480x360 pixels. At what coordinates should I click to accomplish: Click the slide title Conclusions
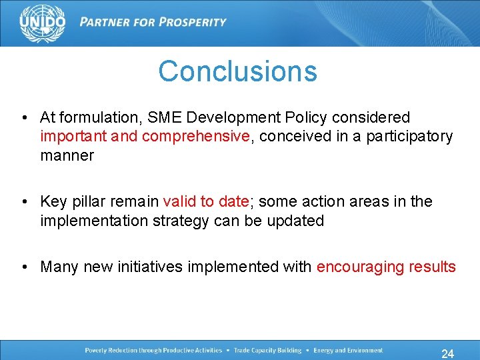pyautogui.click(x=237, y=71)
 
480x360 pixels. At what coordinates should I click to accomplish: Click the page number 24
pyautogui.click(x=447, y=353)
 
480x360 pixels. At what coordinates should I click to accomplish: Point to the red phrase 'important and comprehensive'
pyautogui.click(x=145, y=137)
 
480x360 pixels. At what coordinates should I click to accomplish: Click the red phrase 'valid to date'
pyautogui.click(x=205, y=201)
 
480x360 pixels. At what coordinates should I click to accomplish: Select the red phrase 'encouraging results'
pyautogui.click(x=386, y=267)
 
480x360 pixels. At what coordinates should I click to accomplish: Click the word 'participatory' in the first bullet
pyautogui.click(x=412, y=137)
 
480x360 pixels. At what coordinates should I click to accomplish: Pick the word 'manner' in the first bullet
pyautogui.click(x=67, y=156)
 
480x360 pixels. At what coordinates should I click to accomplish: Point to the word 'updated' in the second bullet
pyautogui.click(x=298, y=221)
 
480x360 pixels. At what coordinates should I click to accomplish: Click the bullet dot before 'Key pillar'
pyautogui.click(x=25, y=201)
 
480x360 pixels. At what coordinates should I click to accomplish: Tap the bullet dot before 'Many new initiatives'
pyautogui.click(x=25, y=267)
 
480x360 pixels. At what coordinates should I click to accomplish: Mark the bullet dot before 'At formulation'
pyautogui.click(x=25, y=117)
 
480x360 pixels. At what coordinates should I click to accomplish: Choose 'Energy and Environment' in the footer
pyautogui.click(x=347, y=351)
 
